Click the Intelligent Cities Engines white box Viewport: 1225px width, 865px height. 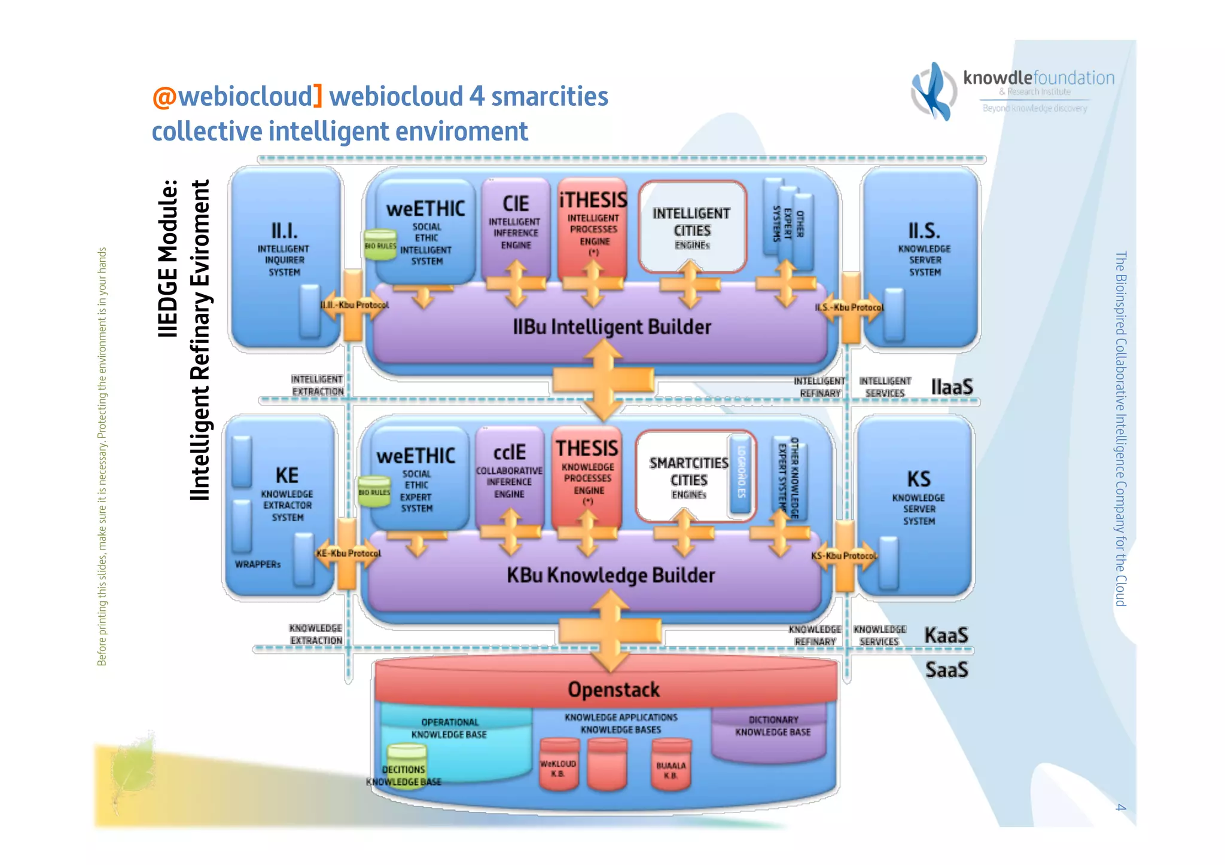[x=692, y=227]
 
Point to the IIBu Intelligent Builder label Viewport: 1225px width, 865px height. [x=611, y=327]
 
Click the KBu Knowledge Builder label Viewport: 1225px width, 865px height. [x=610, y=575]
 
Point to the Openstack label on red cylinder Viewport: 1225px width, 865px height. [x=613, y=689]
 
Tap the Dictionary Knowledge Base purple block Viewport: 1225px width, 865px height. [x=772, y=730]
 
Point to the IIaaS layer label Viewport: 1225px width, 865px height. [x=952, y=387]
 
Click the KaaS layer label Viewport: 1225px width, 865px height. [x=946, y=635]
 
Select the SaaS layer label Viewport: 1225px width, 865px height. [x=946, y=670]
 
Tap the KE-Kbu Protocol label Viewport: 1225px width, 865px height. [x=348, y=554]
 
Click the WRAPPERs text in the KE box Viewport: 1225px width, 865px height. [x=257, y=564]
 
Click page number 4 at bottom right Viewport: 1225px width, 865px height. [x=1120, y=808]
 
